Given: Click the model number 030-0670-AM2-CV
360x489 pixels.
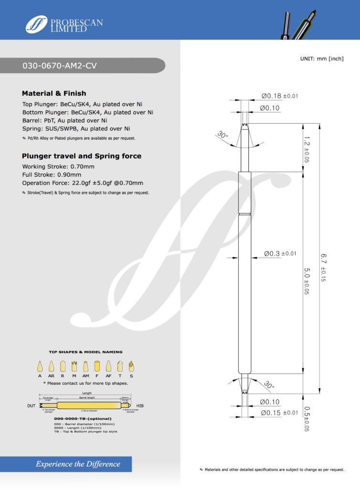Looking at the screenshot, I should click(x=60, y=66).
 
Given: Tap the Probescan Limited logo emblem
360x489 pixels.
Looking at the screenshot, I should click(x=37, y=24).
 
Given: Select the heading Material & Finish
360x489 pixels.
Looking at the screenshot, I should click(x=54, y=93).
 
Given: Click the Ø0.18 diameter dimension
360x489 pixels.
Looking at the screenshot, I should click(x=279, y=96).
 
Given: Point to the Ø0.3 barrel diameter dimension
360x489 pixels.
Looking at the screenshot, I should click(x=280, y=254).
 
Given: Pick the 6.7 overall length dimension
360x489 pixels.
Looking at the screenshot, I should click(x=324, y=267).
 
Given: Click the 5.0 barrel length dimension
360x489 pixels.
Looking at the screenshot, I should click(x=307, y=280).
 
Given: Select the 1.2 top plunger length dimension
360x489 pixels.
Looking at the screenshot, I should click(x=307, y=149).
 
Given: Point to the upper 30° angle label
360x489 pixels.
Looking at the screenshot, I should click(x=222, y=135).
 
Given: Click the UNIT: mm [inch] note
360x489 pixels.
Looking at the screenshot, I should click(x=321, y=58).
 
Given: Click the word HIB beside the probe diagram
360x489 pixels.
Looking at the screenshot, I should click(x=140, y=406).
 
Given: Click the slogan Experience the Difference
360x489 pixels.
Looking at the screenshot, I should click(x=78, y=464).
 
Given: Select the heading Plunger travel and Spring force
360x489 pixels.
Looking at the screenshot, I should click(x=82, y=156).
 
